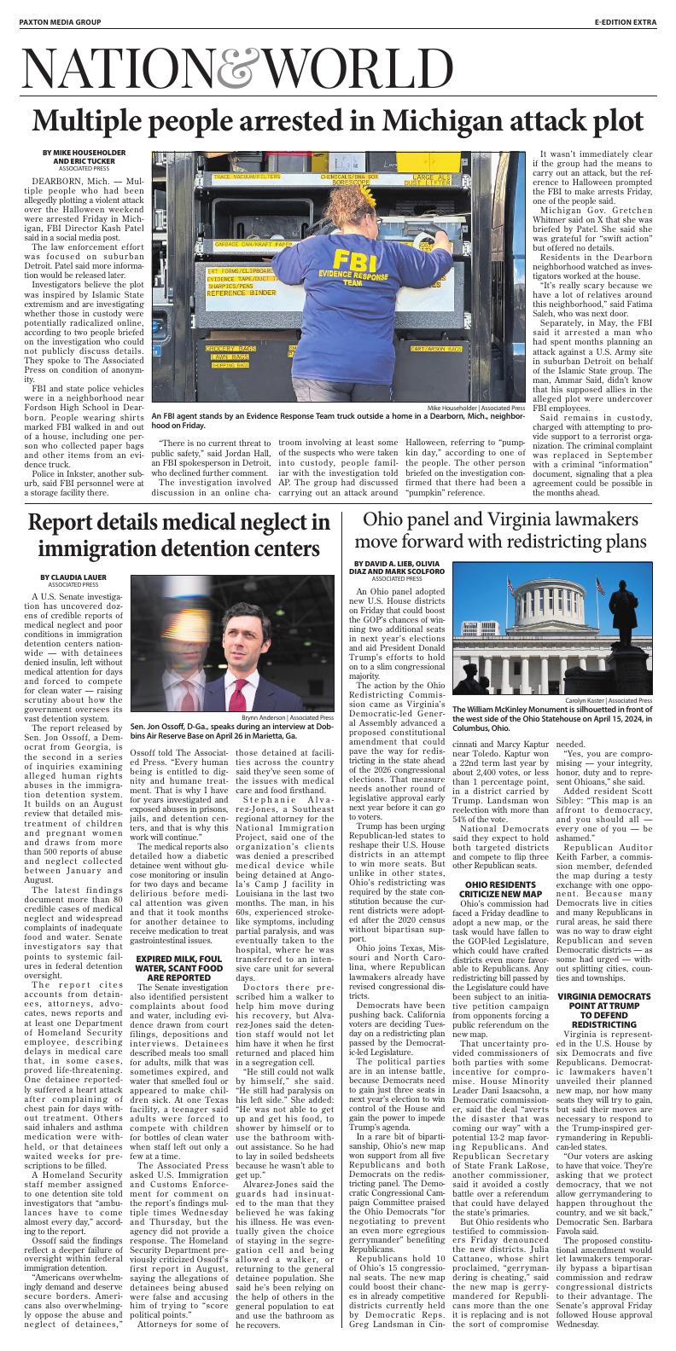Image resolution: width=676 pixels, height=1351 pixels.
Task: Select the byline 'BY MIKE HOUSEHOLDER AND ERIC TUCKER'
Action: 84,159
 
